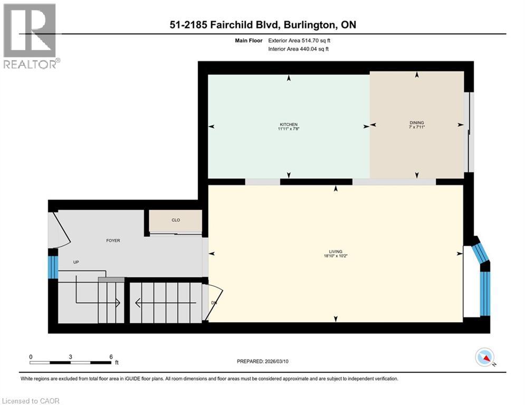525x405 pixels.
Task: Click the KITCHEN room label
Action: pos(289,124)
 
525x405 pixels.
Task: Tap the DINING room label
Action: pos(416,122)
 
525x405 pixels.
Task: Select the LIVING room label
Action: pos(336,252)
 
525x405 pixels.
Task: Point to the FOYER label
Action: pos(113,240)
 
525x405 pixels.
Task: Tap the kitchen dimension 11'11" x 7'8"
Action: pos(289,129)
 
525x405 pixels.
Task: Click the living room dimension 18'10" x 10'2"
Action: pos(336,256)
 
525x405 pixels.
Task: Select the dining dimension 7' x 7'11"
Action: pos(416,127)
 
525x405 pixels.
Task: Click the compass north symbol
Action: pos(484,357)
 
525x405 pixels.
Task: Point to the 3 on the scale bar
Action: pos(70,356)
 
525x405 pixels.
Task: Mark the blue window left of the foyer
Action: pos(52,267)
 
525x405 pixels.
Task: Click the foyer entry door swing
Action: pos(59,229)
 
